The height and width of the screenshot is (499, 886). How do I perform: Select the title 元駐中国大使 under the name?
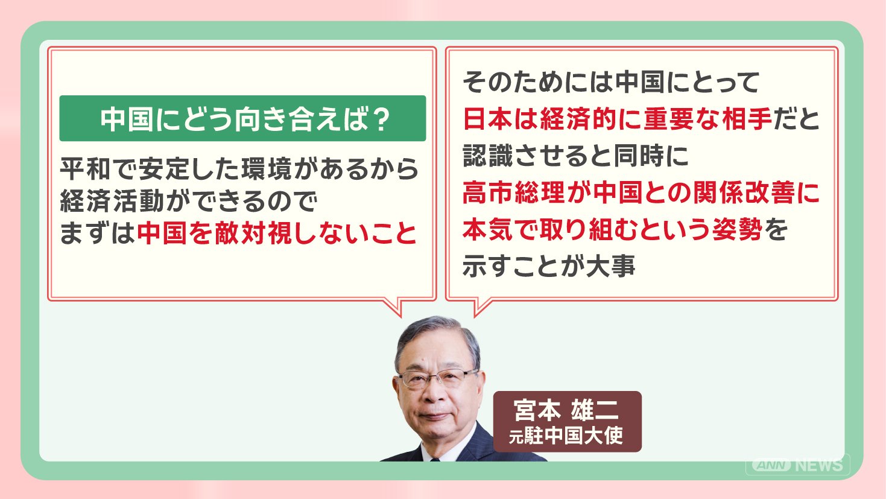566,436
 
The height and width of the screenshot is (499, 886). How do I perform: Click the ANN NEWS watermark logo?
797,465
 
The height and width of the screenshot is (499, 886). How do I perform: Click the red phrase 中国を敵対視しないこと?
277,233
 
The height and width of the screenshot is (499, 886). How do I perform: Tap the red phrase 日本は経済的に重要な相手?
617,119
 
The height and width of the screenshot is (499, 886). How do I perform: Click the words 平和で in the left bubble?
95,169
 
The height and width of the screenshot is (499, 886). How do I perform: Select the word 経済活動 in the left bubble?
112,201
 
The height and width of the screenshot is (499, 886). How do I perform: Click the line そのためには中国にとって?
610,82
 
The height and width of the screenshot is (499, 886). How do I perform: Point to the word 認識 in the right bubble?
488,156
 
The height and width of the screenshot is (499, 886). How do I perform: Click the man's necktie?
435,459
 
